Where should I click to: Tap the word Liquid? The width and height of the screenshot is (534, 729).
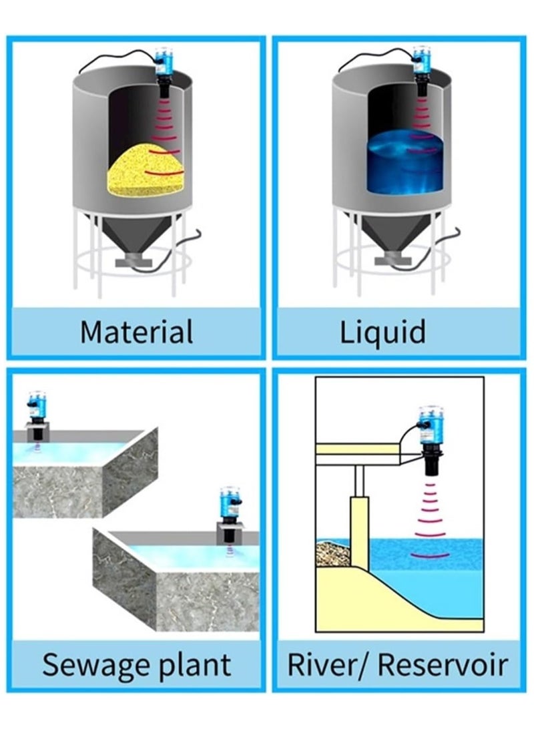pos(382,332)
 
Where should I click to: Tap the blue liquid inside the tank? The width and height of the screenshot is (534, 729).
pos(405,160)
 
